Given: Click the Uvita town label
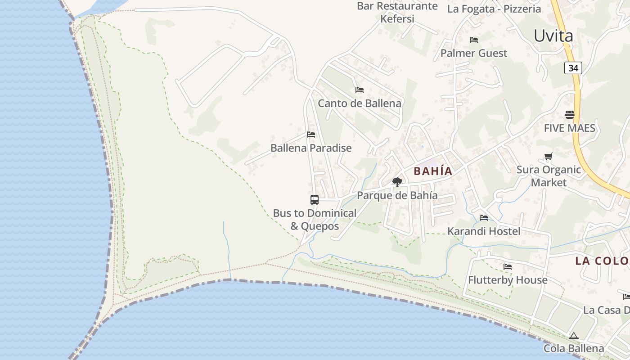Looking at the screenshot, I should (553, 36).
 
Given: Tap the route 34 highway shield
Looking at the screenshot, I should (573, 68).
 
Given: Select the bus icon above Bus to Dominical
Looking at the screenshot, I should (315, 200).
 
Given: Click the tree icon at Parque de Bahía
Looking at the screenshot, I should (397, 182).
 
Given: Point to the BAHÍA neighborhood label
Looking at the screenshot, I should (433, 171).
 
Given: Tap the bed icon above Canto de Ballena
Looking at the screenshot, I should (359, 90).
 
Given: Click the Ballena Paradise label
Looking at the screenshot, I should (311, 148).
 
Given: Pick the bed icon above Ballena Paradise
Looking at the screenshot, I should (311, 134).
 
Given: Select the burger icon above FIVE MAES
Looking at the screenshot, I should (570, 114).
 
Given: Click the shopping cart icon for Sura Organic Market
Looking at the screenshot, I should (548, 157).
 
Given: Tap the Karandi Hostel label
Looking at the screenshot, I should (484, 231).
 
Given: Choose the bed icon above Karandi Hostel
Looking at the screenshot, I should (484, 218).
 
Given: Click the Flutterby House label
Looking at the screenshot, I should (508, 280).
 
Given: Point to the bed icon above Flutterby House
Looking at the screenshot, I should (508, 266).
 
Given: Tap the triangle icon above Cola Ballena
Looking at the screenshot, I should (573, 336).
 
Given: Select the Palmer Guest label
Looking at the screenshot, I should (473, 53).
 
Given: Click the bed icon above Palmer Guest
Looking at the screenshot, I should (473, 40).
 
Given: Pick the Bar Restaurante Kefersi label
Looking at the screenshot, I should (397, 12).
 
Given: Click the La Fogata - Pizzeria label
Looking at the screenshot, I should (494, 9).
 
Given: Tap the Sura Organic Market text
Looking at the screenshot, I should (549, 176).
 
